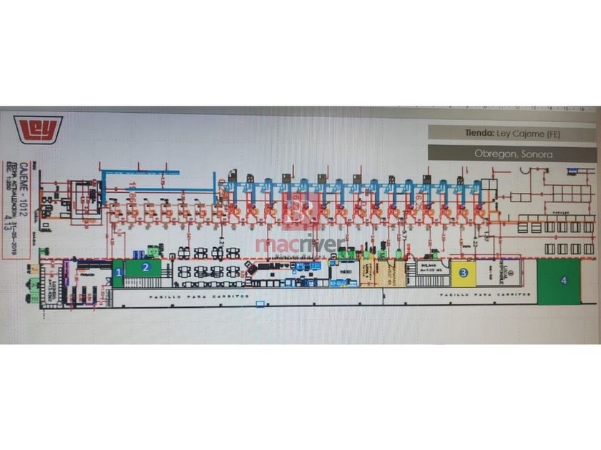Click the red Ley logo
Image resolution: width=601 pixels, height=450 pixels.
coord(39,129)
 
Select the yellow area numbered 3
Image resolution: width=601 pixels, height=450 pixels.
coord(464,272)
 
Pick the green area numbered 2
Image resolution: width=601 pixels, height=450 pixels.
coord(145,268)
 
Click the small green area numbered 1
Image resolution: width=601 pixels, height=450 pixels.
coord(118,273)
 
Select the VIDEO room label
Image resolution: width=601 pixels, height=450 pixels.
coord(344,271)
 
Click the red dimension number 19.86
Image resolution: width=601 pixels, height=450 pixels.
coord(133,192)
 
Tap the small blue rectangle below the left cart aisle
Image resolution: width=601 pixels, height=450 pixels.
coord(260,304)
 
